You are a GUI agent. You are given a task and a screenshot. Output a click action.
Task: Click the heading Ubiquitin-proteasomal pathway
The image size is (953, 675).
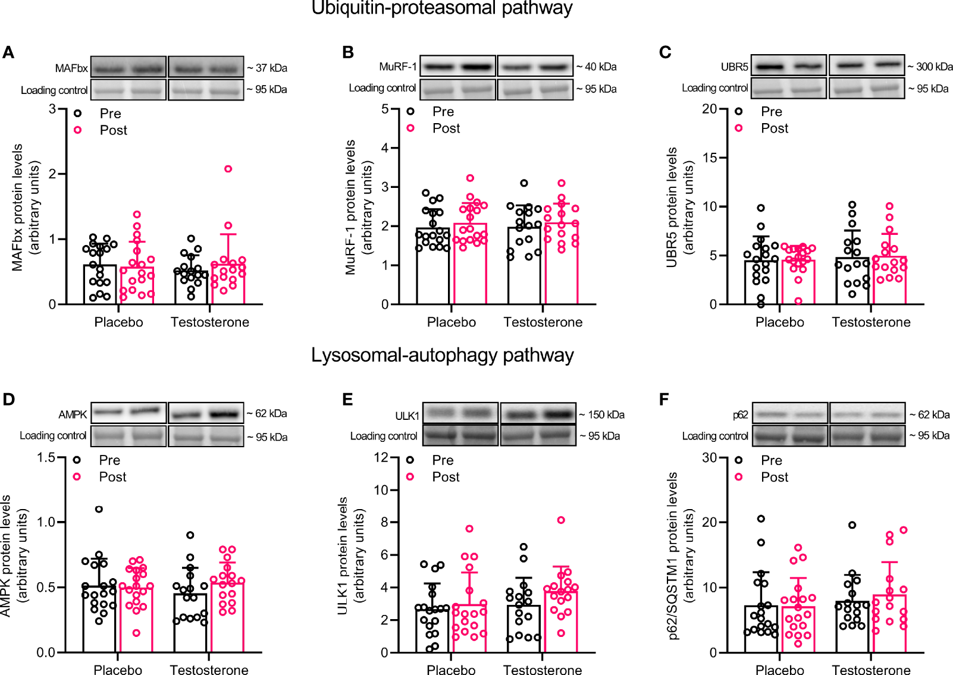click(442, 8)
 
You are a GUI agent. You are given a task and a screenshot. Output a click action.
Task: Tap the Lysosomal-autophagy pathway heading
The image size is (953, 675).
click(442, 355)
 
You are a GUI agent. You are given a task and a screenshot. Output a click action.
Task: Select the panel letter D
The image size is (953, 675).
click(9, 399)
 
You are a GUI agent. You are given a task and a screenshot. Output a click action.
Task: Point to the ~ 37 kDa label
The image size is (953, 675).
click(267, 68)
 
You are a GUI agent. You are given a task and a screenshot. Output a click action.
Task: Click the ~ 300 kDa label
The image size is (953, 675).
click(930, 67)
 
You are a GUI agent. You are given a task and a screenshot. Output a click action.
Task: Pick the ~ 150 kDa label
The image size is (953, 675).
click(601, 415)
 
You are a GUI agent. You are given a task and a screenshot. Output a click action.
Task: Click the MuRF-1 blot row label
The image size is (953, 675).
click(398, 67)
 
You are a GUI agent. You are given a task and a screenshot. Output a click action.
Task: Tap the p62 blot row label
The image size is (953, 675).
click(740, 415)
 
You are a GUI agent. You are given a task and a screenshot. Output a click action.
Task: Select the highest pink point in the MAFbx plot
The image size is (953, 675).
click(228, 169)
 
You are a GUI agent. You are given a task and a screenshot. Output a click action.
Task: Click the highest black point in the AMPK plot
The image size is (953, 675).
click(99, 509)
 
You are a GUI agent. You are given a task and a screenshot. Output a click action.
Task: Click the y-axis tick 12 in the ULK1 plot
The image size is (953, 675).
click(381, 458)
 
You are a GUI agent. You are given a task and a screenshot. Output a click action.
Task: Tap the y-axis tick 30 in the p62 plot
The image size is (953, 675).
click(709, 458)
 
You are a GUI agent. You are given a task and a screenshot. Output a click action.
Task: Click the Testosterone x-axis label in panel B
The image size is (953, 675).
click(543, 322)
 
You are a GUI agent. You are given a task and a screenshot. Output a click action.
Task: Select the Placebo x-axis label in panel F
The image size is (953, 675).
click(779, 670)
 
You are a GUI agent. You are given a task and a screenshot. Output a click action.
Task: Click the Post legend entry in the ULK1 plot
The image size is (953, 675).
click(446, 477)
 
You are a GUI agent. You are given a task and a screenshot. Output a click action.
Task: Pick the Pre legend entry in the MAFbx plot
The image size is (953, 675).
click(110, 114)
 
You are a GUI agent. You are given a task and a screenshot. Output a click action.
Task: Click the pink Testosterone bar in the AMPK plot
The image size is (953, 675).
click(227, 619)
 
